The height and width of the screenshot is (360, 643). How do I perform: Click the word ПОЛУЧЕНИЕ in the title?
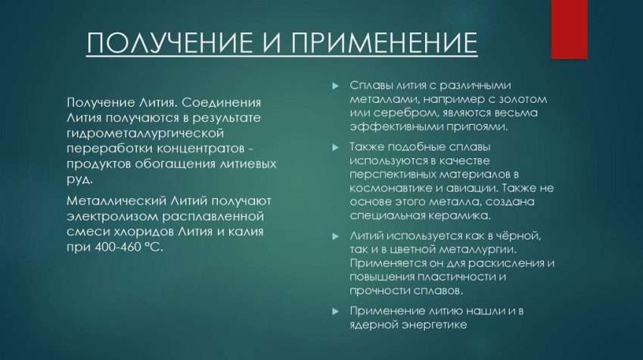(169, 42)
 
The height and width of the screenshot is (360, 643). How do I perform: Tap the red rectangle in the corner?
(569, 29)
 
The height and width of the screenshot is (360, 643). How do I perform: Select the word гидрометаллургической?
(145, 134)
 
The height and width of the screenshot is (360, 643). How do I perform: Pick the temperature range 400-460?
(118, 247)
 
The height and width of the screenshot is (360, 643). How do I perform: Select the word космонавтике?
(389, 188)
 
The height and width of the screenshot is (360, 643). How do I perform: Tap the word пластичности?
(456, 277)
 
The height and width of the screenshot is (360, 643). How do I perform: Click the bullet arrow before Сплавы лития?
(336, 86)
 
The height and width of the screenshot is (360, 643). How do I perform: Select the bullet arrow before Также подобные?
(336, 147)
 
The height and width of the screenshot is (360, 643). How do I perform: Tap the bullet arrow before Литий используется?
(336, 237)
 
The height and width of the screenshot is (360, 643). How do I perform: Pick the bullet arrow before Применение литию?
(336, 312)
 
